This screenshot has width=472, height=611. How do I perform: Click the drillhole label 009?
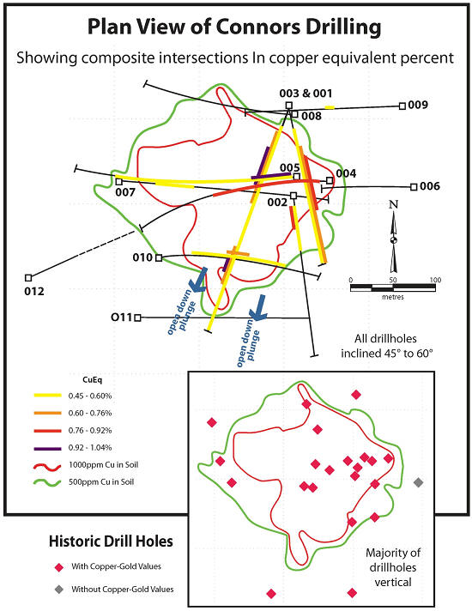pyautogui.click(x=418, y=106)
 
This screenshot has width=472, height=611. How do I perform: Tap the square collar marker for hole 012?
pyautogui.click(x=28, y=277)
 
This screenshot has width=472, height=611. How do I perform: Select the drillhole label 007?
pyautogui.click(x=124, y=193)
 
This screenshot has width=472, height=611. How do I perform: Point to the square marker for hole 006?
pyautogui.click(x=415, y=186)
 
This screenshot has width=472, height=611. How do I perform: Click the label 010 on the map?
pyautogui.click(x=142, y=257)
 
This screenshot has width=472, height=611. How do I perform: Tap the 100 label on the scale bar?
pyautogui.click(x=435, y=280)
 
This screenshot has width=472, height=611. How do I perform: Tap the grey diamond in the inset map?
pyautogui.click(x=418, y=482)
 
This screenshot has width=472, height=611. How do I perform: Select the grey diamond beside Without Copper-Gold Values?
pyautogui.click(x=58, y=590)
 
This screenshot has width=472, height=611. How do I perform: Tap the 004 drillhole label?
pyautogui.click(x=346, y=173)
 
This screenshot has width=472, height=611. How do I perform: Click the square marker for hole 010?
pyautogui.click(x=159, y=257)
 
